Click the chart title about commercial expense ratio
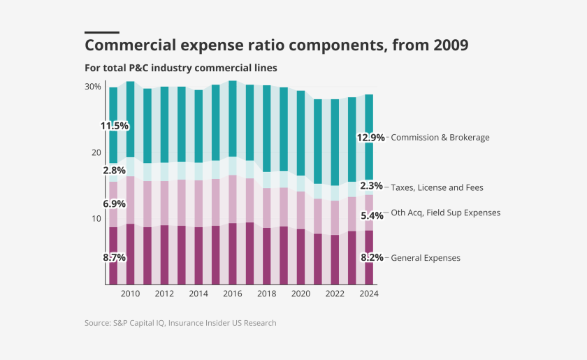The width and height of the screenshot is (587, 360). [x=276, y=45]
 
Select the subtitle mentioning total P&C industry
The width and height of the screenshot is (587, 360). [x=181, y=68]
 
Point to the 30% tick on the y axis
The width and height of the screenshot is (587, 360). [x=93, y=87]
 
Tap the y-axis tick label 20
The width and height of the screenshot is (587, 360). [x=96, y=152]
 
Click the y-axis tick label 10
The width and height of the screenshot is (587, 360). [x=96, y=218]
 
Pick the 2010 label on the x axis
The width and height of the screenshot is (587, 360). [x=130, y=294]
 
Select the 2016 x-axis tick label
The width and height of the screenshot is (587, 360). [x=233, y=294]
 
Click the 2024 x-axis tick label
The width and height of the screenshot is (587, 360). [x=369, y=294]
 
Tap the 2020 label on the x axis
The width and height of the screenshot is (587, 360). [x=300, y=294]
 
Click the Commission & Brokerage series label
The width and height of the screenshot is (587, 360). [x=440, y=138]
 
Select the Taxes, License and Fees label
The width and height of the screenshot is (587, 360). [x=437, y=187]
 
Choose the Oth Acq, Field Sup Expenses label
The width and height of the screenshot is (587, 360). [x=445, y=213]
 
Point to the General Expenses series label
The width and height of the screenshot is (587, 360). [x=426, y=258]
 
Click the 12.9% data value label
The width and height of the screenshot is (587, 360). [x=370, y=138]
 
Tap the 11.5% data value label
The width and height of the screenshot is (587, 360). [x=114, y=126]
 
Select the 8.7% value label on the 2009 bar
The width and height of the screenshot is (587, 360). [x=114, y=257]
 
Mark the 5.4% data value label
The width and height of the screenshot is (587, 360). [x=371, y=215]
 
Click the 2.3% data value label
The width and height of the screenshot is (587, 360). [x=371, y=186]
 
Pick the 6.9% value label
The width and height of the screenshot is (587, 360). [x=114, y=203]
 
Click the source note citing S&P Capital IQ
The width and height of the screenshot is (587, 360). [x=180, y=323]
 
